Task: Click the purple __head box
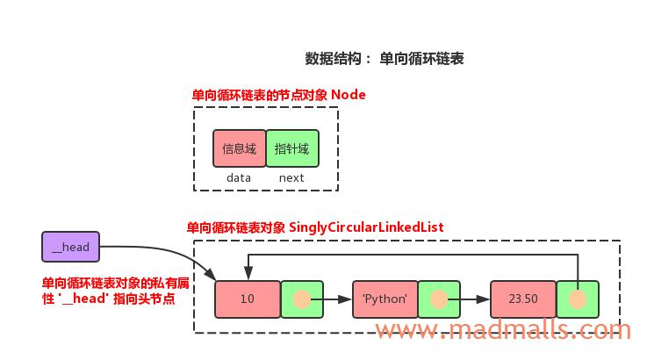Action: [x=70, y=247]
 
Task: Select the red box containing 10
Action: [x=247, y=299]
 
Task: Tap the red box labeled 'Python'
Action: [x=385, y=299]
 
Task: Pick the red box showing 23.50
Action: [x=522, y=299]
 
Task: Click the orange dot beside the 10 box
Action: [x=302, y=299]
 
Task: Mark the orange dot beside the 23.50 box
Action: [x=578, y=299]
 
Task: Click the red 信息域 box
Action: [x=239, y=148]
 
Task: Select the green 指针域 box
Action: [x=291, y=148]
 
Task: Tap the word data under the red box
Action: [x=239, y=177]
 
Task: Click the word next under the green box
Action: [x=291, y=177]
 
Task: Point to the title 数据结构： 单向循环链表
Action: [x=385, y=59]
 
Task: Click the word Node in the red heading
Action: [x=349, y=95]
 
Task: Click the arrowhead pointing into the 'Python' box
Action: [x=347, y=299]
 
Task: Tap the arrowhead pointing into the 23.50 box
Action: [x=485, y=299]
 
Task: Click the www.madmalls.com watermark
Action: [x=503, y=330]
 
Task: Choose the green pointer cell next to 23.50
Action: [x=578, y=299]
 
